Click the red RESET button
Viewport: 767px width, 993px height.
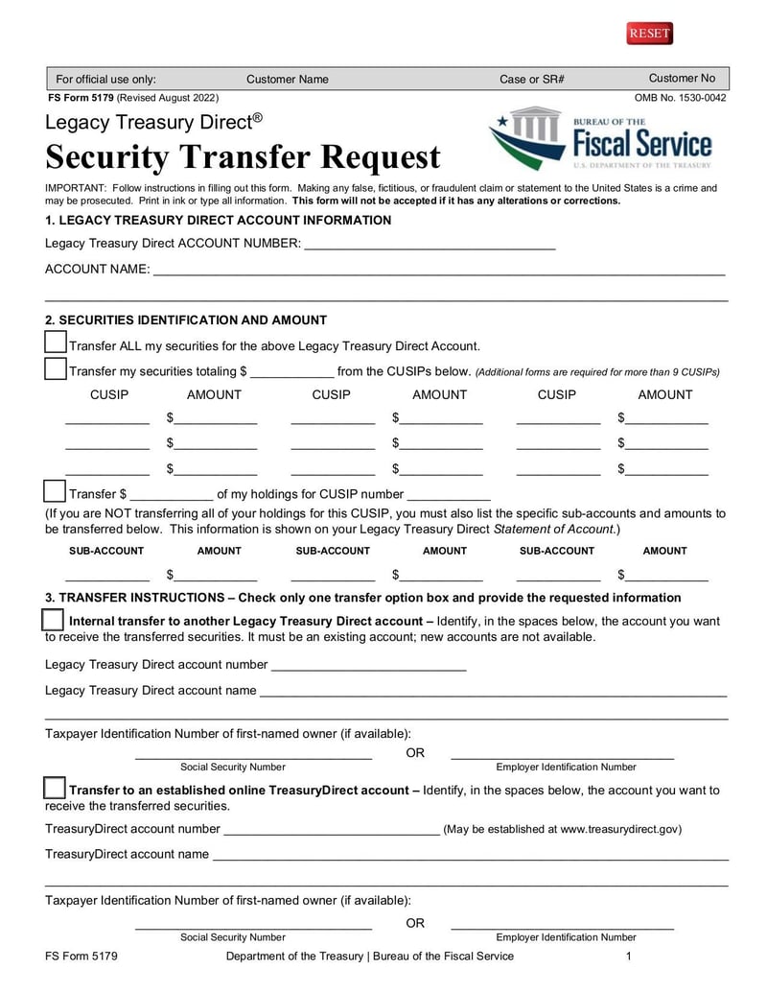pos(649,34)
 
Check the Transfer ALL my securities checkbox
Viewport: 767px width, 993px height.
pos(56,343)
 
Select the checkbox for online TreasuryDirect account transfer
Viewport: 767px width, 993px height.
pos(55,789)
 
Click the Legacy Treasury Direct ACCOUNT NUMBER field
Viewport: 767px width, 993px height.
pos(429,244)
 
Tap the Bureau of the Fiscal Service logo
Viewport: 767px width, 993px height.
pos(601,140)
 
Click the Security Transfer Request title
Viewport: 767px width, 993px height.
pos(243,156)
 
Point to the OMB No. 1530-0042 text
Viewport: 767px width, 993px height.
pos(680,98)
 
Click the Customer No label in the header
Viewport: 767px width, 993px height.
pos(682,79)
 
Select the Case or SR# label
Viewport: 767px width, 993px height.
pos(531,80)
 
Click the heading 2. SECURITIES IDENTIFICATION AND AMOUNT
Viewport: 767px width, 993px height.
pos(186,320)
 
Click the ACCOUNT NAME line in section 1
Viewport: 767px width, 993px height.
pos(438,270)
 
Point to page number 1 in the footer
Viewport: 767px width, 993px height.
pos(628,956)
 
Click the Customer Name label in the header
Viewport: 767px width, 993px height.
pos(287,80)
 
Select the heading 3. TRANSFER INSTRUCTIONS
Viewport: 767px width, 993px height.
pos(362,598)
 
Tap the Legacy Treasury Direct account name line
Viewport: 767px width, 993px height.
pos(492,691)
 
